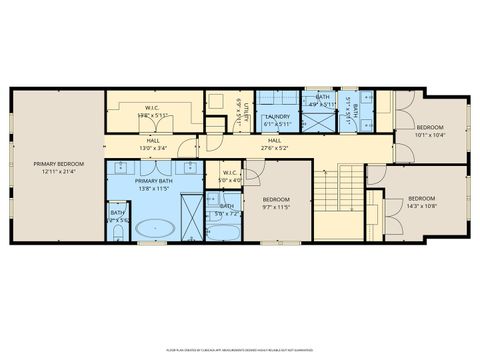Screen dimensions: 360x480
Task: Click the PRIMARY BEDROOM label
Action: click(58, 164)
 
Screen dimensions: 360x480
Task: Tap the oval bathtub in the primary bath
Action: click(155, 228)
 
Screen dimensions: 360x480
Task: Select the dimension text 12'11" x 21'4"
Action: click(58, 172)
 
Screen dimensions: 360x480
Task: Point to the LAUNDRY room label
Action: click(277, 117)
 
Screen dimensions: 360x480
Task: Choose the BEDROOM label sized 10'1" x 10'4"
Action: click(430, 128)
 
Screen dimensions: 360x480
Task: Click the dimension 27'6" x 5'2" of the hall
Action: click(274, 148)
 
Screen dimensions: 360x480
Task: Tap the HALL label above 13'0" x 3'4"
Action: click(153, 141)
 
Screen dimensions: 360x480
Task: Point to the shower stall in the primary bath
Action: click(190, 212)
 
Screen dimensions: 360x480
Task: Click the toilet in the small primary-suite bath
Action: click(118, 231)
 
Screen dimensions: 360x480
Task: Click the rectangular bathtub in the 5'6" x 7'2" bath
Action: click(227, 231)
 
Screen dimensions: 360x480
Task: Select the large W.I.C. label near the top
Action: click(152, 108)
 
